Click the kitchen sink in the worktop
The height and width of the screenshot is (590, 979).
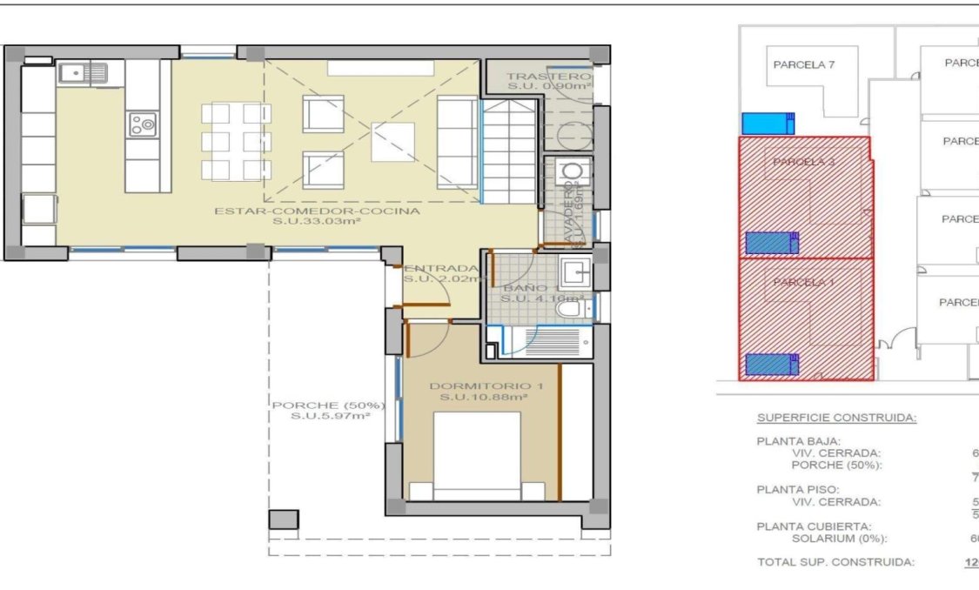[x=83, y=73]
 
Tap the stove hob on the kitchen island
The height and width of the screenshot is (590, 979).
[x=143, y=124]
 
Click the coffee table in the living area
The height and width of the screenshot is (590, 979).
[x=392, y=142]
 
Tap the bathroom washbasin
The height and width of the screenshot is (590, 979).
[x=574, y=272]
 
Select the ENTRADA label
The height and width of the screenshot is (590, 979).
[x=442, y=268]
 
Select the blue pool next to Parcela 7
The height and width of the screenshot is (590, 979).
[x=768, y=124]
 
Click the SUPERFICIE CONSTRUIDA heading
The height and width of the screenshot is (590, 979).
[x=835, y=418]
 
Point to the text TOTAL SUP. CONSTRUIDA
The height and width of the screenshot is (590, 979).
[x=835, y=562]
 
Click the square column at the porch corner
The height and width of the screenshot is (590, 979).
[x=283, y=520]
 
